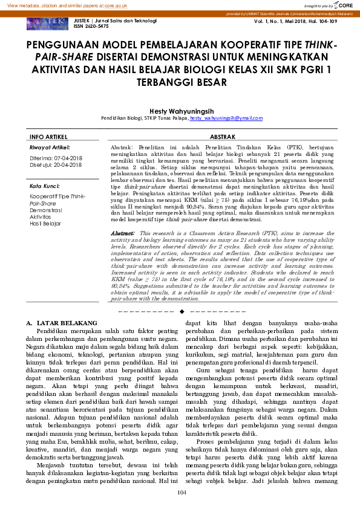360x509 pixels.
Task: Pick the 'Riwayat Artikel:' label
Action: (x=50, y=148)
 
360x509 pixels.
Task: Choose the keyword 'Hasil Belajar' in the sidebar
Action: (x=45, y=223)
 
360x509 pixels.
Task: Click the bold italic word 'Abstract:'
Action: (x=123, y=233)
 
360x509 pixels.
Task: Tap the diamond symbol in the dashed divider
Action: (x=181, y=311)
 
